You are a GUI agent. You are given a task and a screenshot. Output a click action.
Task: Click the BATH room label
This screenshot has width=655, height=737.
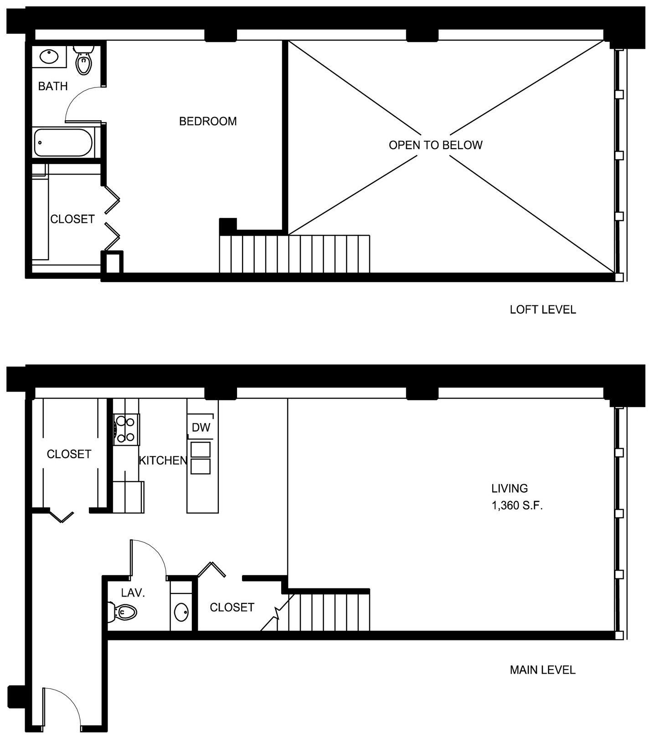pos(53,86)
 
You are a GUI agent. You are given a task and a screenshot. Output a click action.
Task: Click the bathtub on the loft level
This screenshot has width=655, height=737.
pos(63,142)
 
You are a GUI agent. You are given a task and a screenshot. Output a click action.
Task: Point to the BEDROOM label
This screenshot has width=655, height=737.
pos(208,121)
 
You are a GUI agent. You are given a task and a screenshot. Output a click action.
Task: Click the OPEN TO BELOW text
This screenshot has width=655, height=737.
pos(435,145)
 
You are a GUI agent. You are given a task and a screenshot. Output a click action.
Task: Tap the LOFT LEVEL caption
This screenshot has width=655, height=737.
pos(543,310)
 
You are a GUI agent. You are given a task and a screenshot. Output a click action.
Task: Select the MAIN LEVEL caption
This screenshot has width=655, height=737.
pos(542,670)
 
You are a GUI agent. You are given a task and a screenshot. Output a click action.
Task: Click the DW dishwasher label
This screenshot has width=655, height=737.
pos(201,428)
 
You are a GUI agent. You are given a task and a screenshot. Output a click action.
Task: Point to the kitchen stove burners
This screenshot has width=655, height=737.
pos(126,429)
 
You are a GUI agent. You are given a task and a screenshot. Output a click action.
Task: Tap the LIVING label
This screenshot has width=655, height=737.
pos(510,489)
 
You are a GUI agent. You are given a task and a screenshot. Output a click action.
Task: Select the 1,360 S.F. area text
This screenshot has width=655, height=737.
pos(517,505)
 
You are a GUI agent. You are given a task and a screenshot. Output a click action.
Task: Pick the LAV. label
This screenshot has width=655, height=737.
pos(133,593)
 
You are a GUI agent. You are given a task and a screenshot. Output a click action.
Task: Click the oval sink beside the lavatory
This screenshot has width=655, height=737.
pos(182,612)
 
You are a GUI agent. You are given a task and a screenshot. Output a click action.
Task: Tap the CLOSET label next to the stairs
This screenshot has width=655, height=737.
pos(232,607)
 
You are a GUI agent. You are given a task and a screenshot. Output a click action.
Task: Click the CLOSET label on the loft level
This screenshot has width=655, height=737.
pos(72,219)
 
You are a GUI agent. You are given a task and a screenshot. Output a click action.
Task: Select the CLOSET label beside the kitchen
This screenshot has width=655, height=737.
pos(69,454)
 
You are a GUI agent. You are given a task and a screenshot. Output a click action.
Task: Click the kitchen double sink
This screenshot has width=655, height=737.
pos(201,458)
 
